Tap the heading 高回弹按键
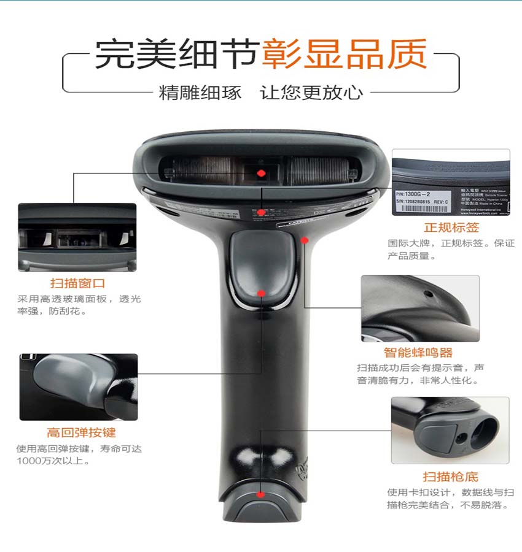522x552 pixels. click(81, 432)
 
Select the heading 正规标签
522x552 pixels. click(451, 228)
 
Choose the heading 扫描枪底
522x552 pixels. click(450, 477)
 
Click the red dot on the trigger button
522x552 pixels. click(261, 293)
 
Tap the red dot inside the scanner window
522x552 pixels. click(261, 174)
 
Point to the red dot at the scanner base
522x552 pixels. click(261, 494)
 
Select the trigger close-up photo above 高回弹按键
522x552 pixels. click(79, 386)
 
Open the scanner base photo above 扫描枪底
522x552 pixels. click(450, 430)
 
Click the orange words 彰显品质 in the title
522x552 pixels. click(344, 55)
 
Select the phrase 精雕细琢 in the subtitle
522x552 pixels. click(200, 93)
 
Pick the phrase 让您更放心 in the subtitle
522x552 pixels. click(311, 93)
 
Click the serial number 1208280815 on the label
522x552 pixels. click(424, 201)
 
